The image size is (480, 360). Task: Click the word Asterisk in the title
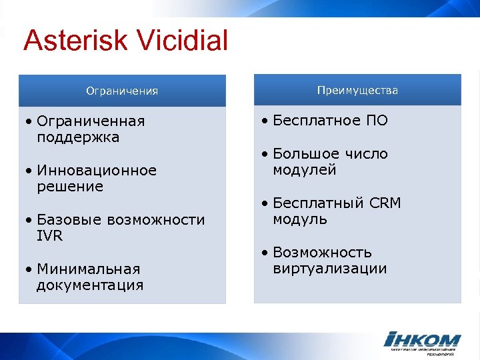click(x=76, y=41)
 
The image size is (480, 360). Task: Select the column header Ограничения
click(x=122, y=91)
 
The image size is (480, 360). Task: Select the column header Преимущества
click(x=358, y=90)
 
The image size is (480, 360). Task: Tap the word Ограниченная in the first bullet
click(x=91, y=121)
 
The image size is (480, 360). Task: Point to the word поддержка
click(x=78, y=138)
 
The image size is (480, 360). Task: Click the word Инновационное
click(x=97, y=171)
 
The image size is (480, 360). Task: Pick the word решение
click(x=70, y=187)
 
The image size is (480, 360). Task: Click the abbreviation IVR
click(x=50, y=236)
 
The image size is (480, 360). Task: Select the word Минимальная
click(x=89, y=269)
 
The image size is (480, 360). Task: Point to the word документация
click(x=90, y=286)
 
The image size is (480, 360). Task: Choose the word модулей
click(x=304, y=171)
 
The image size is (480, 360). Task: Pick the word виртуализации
click(x=329, y=269)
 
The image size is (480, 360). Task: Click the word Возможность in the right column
click(x=322, y=253)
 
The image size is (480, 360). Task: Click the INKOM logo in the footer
click(x=421, y=341)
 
